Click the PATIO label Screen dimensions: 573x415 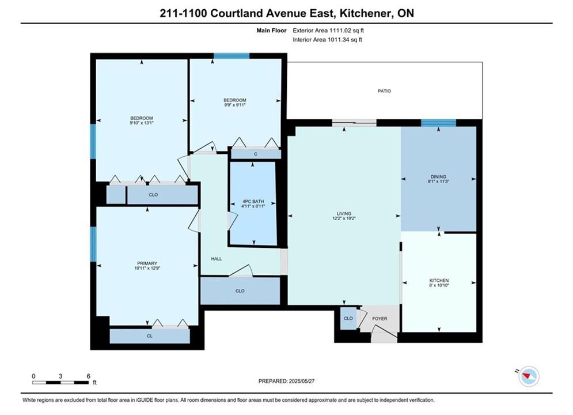(x=384, y=90)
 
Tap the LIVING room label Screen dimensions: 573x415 (x=344, y=213)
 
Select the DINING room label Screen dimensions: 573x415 (x=438, y=176)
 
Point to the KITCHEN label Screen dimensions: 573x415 (x=439, y=281)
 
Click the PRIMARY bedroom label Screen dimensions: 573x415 (x=147, y=263)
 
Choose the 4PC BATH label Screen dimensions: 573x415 (x=253, y=202)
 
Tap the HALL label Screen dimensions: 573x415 (x=217, y=258)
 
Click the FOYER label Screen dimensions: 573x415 (x=380, y=319)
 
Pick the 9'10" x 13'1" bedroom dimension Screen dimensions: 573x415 (x=142, y=123)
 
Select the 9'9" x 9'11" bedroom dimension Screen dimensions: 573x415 (x=234, y=105)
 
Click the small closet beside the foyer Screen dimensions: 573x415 (x=348, y=319)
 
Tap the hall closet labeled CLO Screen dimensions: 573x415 (x=240, y=290)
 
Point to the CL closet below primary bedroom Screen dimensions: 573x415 (x=150, y=336)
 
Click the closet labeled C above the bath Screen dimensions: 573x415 (x=256, y=154)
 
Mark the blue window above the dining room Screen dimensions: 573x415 (x=438, y=123)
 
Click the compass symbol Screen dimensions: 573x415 (x=529, y=376)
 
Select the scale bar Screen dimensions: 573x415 (x=60, y=383)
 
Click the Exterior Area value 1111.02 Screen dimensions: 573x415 (x=340, y=31)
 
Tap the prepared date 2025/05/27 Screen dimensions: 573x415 (x=302, y=381)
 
